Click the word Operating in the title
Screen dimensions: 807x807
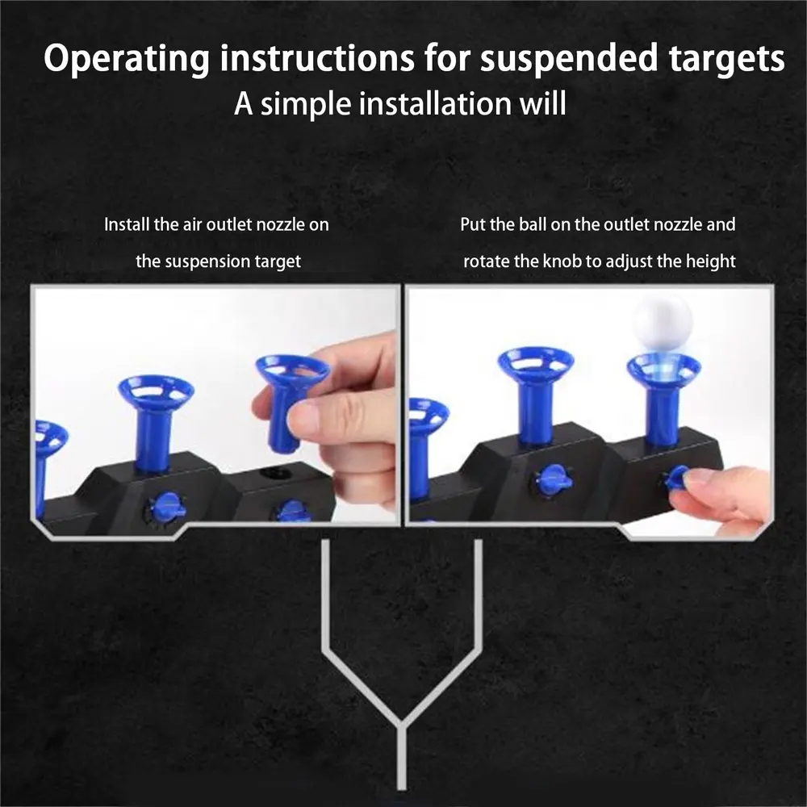(127, 59)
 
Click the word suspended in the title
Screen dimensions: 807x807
(569, 58)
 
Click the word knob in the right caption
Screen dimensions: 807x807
(563, 261)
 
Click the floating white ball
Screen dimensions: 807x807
(663, 323)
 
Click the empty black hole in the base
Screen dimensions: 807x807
(276, 473)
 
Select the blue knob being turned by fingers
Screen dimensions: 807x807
(679, 478)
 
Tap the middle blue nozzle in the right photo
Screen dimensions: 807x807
(535, 394)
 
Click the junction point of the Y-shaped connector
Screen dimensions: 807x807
(401, 725)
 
